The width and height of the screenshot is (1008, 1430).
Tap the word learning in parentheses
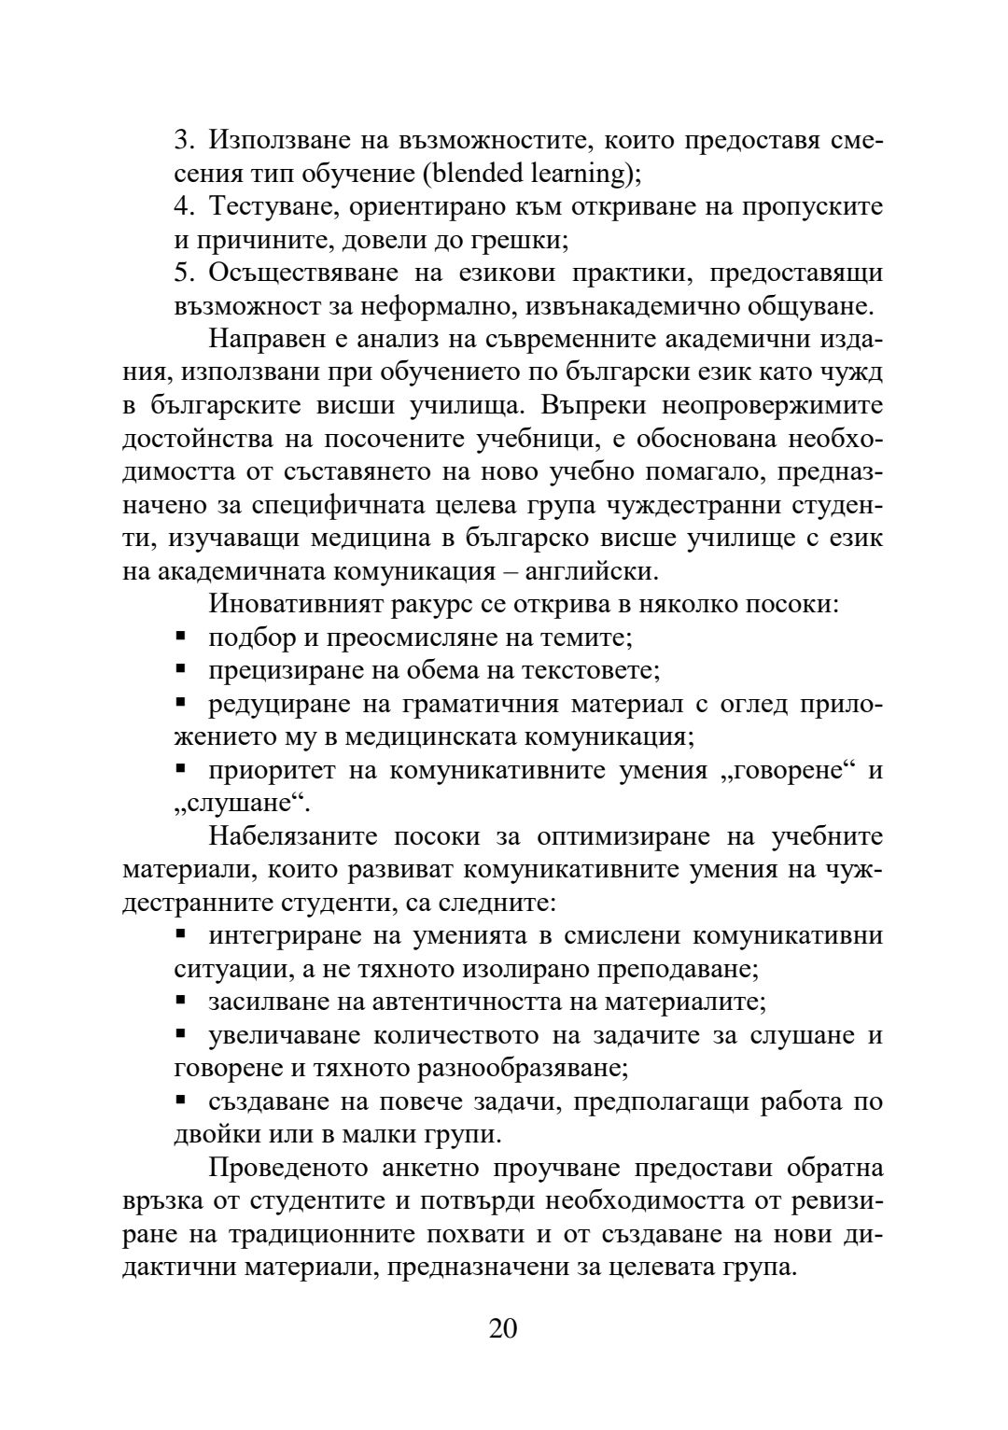click(585, 174)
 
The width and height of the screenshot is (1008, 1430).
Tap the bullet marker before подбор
click(181, 637)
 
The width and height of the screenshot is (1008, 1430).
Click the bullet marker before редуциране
click(181, 702)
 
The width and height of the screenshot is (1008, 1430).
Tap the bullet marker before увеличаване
click(181, 1034)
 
